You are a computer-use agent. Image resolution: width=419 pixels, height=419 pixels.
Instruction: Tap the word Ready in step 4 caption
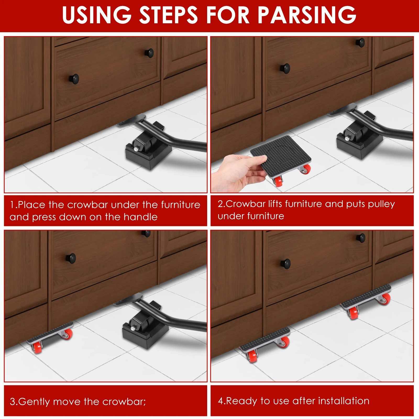click(241, 401)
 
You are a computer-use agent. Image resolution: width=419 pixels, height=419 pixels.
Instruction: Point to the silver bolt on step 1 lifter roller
click(136, 149)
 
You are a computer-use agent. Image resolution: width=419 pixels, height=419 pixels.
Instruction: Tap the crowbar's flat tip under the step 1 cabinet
click(132, 120)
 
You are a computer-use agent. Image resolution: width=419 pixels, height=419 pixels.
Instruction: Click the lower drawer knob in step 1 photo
click(74, 79)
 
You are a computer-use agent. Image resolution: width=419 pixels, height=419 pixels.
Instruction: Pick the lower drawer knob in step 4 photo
click(285, 264)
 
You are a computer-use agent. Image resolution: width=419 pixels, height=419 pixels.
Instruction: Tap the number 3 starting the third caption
click(12, 401)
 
